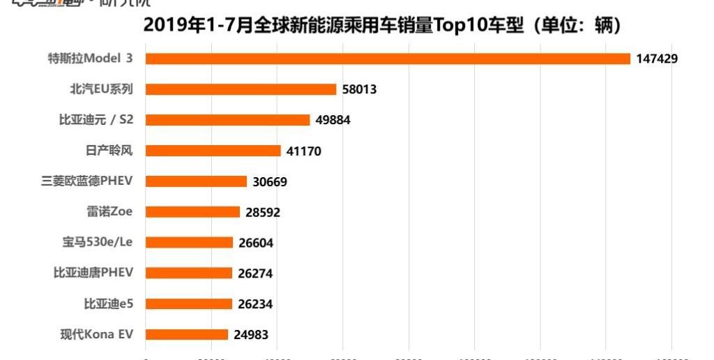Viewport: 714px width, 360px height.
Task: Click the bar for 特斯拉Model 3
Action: (388, 59)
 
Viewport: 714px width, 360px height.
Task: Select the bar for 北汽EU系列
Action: (241, 89)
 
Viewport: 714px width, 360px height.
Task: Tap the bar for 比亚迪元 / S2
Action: (227, 120)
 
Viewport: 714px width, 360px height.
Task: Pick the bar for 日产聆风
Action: (213, 151)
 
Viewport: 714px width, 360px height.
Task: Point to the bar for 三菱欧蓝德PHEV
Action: (196, 181)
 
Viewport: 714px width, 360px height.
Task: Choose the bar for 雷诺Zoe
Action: (192, 212)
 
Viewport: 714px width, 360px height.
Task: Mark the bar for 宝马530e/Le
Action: (189, 243)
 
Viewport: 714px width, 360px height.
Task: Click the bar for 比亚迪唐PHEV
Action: (188, 273)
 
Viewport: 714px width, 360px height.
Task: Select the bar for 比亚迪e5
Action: (188, 304)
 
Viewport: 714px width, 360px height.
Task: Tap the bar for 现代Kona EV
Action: (186, 335)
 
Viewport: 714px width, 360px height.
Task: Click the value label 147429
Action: (657, 59)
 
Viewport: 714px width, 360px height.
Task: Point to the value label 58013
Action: (360, 89)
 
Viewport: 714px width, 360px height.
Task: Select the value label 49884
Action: (333, 120)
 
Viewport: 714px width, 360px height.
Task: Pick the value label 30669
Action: (270, 181)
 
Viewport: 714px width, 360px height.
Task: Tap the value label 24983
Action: (251, 335)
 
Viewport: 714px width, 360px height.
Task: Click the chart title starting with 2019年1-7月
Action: (382, 26)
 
